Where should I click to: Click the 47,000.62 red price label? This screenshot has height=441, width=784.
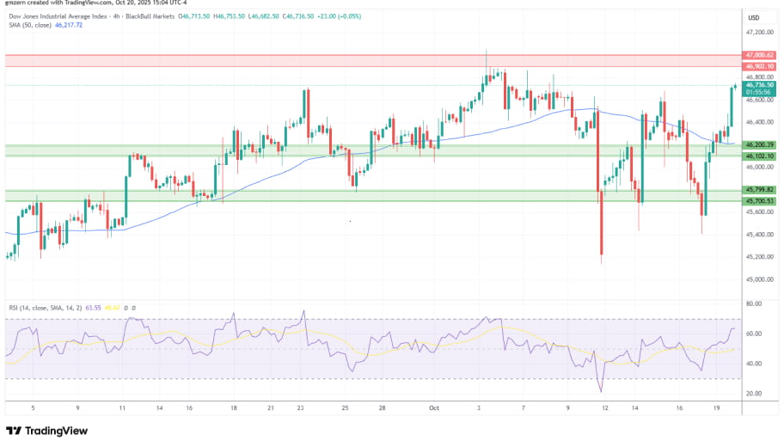[761, 55]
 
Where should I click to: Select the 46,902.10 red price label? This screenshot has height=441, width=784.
[761, 66]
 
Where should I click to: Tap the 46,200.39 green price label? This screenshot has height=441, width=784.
[761, 145]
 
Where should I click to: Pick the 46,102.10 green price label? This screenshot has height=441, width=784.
[761, 156]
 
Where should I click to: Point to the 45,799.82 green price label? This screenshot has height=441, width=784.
[761, 190]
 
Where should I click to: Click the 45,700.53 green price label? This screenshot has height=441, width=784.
[761, 201]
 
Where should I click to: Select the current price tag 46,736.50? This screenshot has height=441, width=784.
[761, 85]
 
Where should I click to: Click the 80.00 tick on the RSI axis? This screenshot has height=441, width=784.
[755, 303]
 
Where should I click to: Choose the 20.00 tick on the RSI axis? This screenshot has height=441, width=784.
[755, 394]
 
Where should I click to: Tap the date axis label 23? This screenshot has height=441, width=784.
[300, 408]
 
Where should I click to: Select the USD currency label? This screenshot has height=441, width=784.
[754, 18]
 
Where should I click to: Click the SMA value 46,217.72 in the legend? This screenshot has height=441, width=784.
[68, 25]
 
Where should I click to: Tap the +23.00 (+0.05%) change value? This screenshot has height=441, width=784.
[346, 15]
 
